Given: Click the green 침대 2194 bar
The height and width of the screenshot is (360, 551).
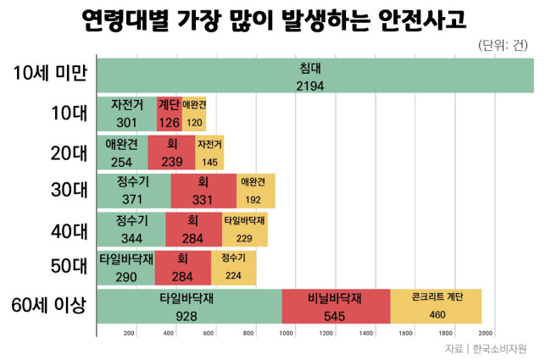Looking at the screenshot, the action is click(x=315, y=75).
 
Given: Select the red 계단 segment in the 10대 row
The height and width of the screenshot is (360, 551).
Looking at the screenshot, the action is click(x=170, y=114).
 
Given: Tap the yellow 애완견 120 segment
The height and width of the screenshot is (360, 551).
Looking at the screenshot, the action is click(x=194, y=114).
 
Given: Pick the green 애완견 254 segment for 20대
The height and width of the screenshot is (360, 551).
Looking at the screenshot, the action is click(x=123, y=152).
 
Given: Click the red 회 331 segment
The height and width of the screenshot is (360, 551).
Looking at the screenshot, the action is click(x=203, y=191).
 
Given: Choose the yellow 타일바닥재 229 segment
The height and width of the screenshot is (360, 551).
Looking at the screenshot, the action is click(x=245, y=230).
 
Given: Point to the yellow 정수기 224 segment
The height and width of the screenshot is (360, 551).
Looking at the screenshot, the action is click(x=234, y=268).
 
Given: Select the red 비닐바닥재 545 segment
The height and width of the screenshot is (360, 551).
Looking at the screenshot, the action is click(x=336, y=307).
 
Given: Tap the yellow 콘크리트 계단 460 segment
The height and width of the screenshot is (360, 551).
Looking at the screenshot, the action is click(x=436, y=307).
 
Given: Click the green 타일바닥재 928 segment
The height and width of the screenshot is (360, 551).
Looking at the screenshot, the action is click(x=189, y=307).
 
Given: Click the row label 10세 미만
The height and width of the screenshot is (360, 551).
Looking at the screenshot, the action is click(x=50, y=74).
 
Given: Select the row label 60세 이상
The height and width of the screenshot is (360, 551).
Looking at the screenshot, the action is click(x=49, y=305).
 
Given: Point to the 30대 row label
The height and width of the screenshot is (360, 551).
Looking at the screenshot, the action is click(x=69, y=190).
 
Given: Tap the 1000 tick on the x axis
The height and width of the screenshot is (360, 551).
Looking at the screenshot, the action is click(x=286, y=333).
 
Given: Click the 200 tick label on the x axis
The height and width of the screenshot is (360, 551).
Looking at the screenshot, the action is click(x=129, y=333).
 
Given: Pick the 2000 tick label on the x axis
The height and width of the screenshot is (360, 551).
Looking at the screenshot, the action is click(x=485, y=333).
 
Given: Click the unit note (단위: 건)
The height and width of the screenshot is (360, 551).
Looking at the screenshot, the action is click(x=503, y=45).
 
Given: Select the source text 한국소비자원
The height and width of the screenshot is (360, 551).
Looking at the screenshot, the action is click(x=499, y=349).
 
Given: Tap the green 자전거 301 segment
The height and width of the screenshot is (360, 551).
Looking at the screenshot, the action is click(x=127, y=114).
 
